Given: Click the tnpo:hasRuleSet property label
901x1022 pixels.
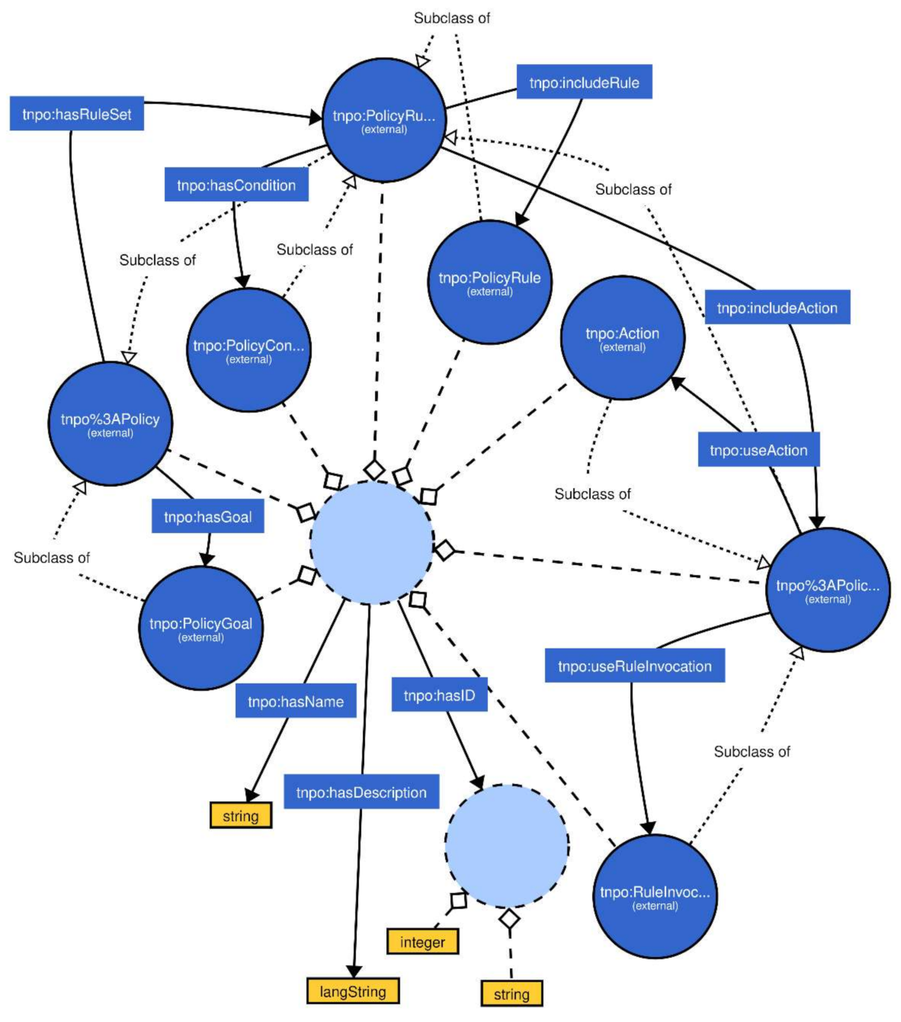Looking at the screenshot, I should click(x=77, y=115).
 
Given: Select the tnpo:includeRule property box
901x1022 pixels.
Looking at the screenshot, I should click(x=584, y=83).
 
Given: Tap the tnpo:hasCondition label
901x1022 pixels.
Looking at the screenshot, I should click(x=236, y=186).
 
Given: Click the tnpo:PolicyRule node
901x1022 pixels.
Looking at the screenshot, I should click(x=489, y=283).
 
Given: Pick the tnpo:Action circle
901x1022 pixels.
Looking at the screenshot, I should click(x=622, y=338).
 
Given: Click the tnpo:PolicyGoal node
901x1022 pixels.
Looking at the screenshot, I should click(x=201, y=628).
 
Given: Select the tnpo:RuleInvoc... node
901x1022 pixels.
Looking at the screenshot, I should click(x=655, y=896).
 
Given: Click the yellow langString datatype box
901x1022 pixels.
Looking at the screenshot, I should click(x=353, y=991).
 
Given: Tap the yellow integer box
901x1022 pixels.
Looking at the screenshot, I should click(x=422, y=942).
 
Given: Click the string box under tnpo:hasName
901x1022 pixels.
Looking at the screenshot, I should click(x=240, y=816).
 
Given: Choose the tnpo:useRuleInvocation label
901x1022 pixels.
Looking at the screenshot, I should click(x=635, y=666).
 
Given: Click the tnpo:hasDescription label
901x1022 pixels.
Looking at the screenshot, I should click(x=361, y=792).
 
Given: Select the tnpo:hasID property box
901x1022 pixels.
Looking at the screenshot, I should click(x=439, y=695).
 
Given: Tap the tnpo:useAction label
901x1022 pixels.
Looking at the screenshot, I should click(x=758, y=450).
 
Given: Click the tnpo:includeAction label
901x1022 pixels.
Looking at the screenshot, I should click(x=776, y=308).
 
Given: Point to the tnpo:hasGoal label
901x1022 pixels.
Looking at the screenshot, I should click(x=207, y=517).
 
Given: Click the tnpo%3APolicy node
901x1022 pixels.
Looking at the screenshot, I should click(x=110, y=423).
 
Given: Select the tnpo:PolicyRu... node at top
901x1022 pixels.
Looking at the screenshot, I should click(x=383, y=120).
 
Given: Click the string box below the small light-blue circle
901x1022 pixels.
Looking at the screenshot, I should click(x=511, y=994).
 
